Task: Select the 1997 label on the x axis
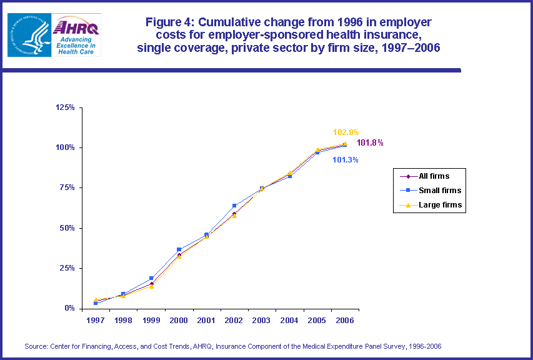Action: [x=96, y=320]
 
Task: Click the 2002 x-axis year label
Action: [x=234, y=320]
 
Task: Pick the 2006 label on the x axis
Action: [x=345, y=320]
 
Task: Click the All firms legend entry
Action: [x=434, y=176]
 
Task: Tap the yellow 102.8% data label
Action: [x=346, y=132]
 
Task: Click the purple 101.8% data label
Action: [x=370, y=143]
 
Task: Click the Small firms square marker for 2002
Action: [x=234, y=206]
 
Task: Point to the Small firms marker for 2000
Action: [x=179, y=249]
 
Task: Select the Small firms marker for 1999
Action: [x=151, y=278]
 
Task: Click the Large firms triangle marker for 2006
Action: [x=345, y=143]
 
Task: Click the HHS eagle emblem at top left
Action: [x=28, y=34]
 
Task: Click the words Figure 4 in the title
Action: [x=170, y=22]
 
